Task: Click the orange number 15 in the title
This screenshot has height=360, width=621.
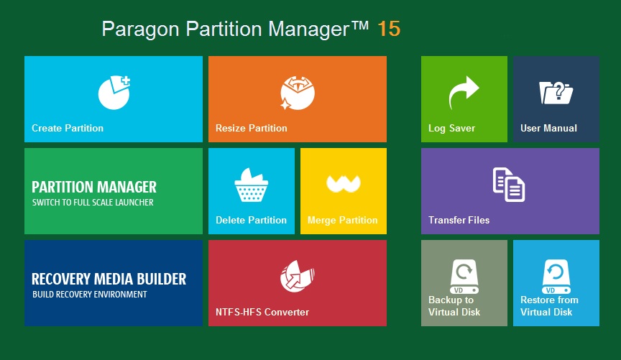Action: (389, 29)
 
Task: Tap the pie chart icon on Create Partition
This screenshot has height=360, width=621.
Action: (114, 92)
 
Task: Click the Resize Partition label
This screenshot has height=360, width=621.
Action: (251, 128)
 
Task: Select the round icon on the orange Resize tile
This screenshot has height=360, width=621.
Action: (298, 93)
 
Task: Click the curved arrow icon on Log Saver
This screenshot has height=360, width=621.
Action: (464, 92)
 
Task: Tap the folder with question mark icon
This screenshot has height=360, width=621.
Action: (556, 93)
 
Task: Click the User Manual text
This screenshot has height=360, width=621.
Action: (548, 128)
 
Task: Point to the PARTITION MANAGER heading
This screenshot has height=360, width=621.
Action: (94, 187)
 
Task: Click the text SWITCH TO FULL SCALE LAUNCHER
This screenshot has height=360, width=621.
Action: (93, 203)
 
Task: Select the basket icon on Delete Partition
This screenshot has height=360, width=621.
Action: (251, 185)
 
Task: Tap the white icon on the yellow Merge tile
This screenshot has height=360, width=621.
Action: (344, 184)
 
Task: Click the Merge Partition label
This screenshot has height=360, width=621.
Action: (343, 220)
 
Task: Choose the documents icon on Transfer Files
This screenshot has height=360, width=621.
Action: (509, 185)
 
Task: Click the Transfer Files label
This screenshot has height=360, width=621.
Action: (459, 220)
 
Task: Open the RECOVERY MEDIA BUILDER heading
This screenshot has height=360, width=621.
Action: (109, 279)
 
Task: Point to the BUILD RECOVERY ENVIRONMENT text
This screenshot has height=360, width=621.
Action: (90, 295)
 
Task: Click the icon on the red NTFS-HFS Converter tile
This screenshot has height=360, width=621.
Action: (298, 276)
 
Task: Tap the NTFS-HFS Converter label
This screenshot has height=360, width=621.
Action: (262, 312)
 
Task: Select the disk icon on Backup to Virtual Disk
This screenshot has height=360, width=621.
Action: (464, 277)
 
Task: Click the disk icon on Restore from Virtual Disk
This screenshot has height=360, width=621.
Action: (556, 277)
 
